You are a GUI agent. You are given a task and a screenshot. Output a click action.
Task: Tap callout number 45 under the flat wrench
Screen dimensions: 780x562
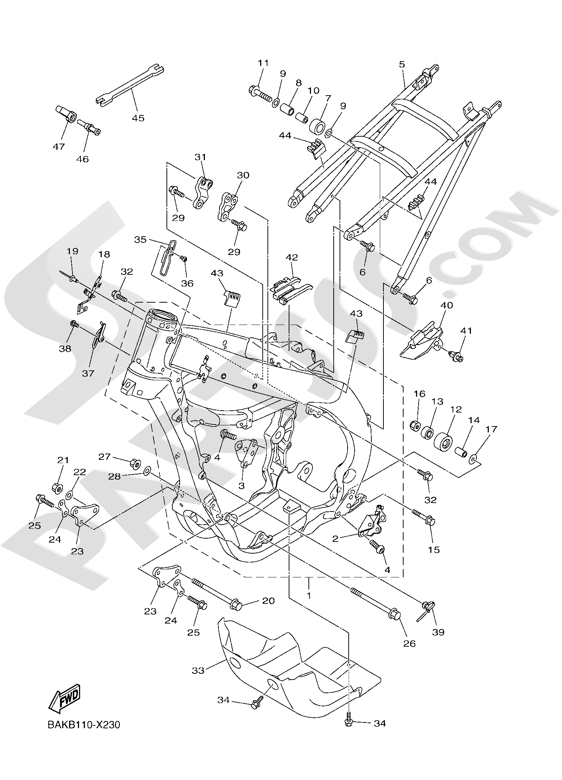(x=138, y=118)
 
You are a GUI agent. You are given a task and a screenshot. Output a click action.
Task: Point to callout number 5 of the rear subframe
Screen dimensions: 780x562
(x=402, y=64)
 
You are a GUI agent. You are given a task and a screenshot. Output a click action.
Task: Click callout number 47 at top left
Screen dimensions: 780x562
(x=59, y=147)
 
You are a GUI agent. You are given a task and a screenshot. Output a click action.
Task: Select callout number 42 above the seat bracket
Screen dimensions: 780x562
(x=292, y=257)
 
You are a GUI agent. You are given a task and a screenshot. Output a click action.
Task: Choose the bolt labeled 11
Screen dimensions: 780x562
(x=261, y=93)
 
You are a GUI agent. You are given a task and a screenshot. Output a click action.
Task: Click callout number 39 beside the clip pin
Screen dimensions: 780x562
(x=438, y=632)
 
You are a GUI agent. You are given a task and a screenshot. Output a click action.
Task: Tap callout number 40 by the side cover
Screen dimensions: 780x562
(x=447, y=305)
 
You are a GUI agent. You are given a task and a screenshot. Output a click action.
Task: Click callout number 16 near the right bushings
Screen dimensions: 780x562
(x=420, y=394)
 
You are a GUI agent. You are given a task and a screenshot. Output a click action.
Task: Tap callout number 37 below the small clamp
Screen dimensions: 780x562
(x=88, y=373)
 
